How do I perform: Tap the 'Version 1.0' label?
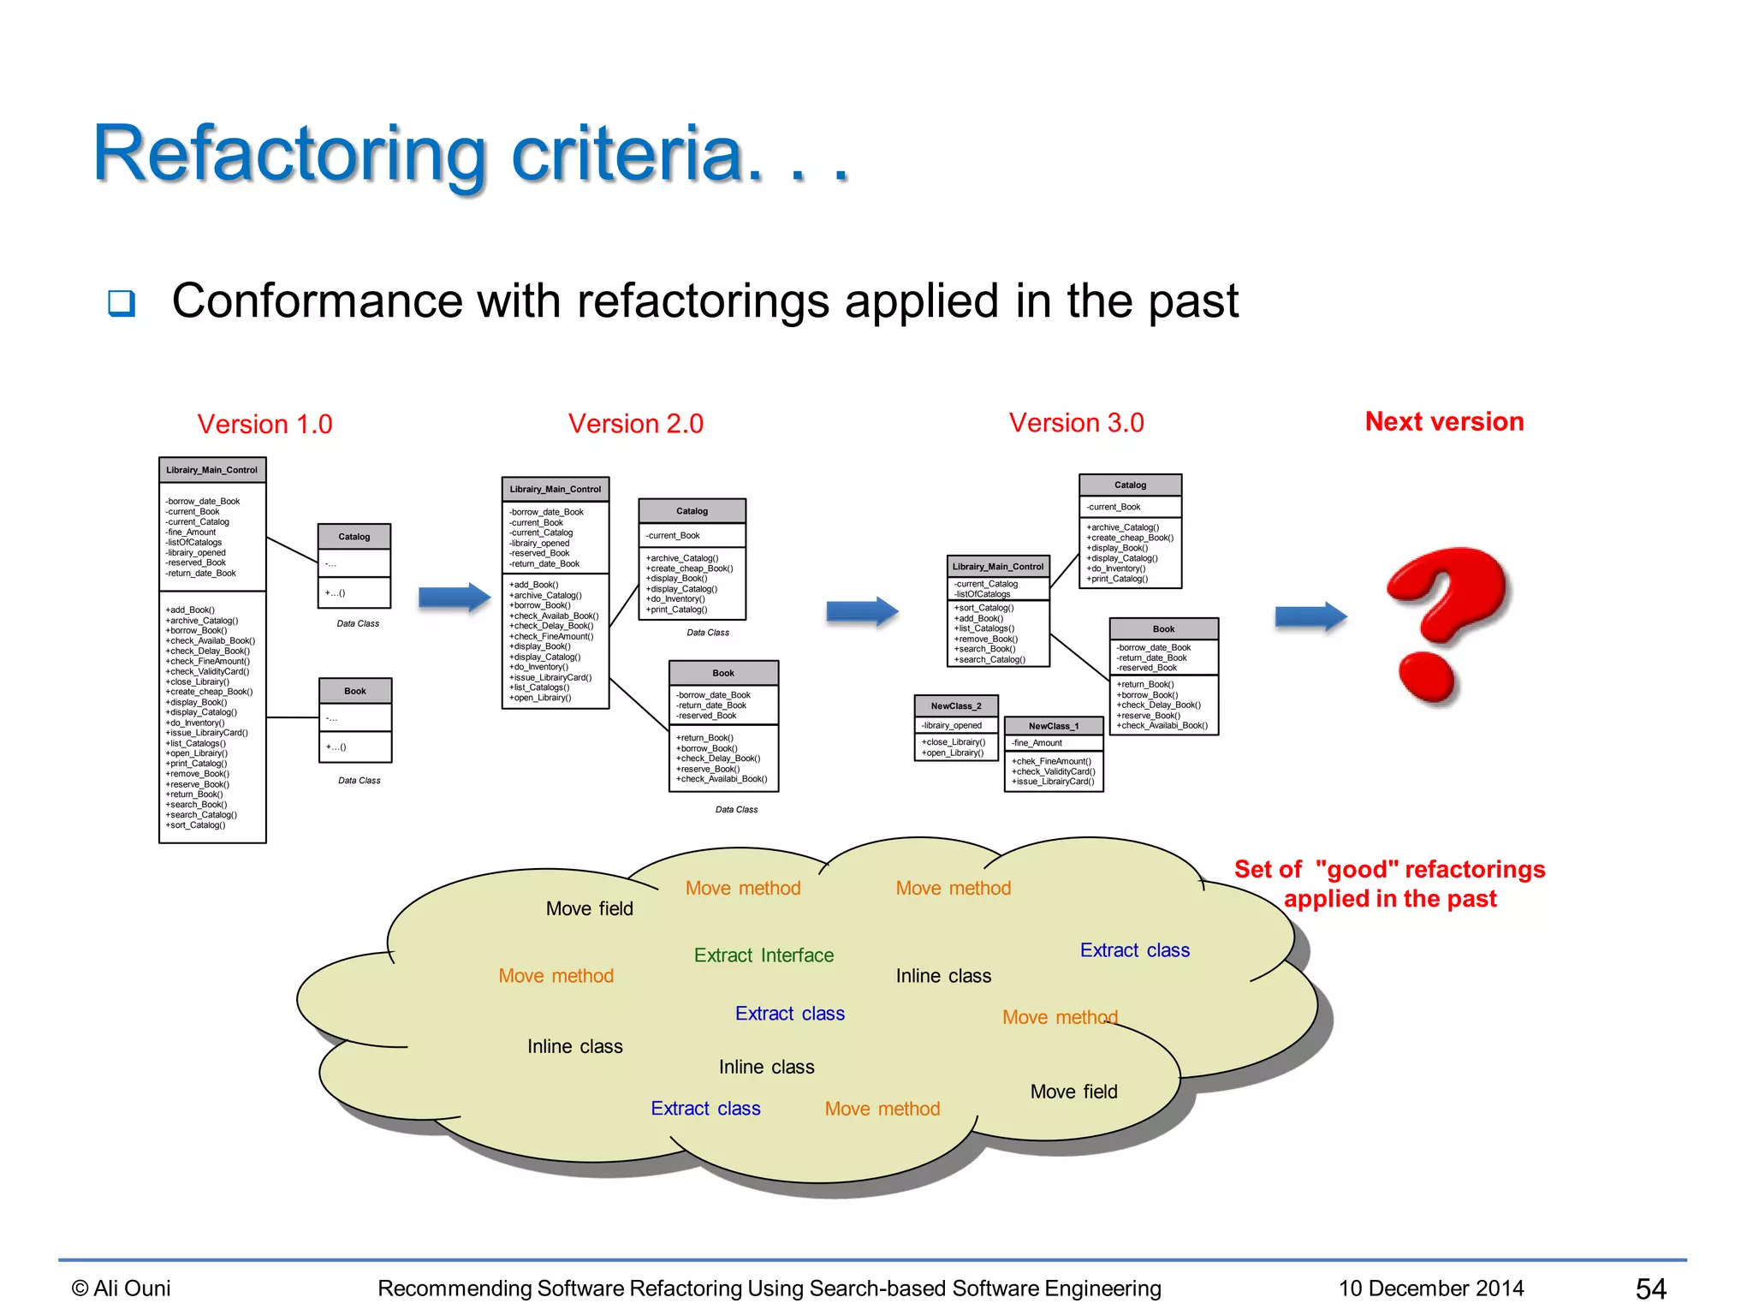point(264,425)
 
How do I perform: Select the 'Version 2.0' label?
point(635,424)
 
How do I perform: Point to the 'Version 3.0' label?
point(1076,423)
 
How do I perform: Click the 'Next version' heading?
point(1444,422)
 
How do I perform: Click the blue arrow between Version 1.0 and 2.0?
point(454,598)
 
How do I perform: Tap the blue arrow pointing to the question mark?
point(1310,616)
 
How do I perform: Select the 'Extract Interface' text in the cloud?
point(764,955)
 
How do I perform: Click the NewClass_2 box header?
point(956,706)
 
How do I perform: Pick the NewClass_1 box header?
point(1054,726)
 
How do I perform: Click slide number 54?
point(1650,1288)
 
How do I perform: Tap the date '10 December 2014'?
point(1431,1288)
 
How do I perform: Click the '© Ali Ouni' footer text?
point(122,1288)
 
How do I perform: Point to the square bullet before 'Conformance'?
point(122,303)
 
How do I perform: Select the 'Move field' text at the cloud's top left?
point(589,909)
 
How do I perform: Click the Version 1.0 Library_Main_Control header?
point(211,470)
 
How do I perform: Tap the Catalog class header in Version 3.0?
point(1130,485)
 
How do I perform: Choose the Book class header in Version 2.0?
point(723,674)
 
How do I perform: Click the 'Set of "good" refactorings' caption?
point(1389,871)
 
